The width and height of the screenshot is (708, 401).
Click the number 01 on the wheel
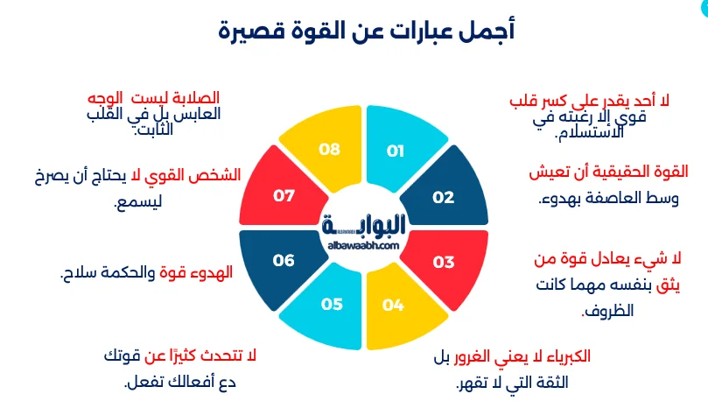(396, 151)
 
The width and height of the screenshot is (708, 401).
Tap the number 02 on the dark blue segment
(444, 197)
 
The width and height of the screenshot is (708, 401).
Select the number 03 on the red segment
(444, 262)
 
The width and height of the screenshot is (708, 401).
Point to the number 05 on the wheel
(332, 305)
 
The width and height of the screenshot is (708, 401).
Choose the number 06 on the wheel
(284, 260)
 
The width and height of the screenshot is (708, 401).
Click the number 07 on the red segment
(284, 196)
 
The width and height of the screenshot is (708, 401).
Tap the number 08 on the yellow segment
(329, 150)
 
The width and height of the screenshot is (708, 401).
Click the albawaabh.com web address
(361, 246)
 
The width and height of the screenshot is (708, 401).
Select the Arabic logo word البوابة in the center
(361, 227)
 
